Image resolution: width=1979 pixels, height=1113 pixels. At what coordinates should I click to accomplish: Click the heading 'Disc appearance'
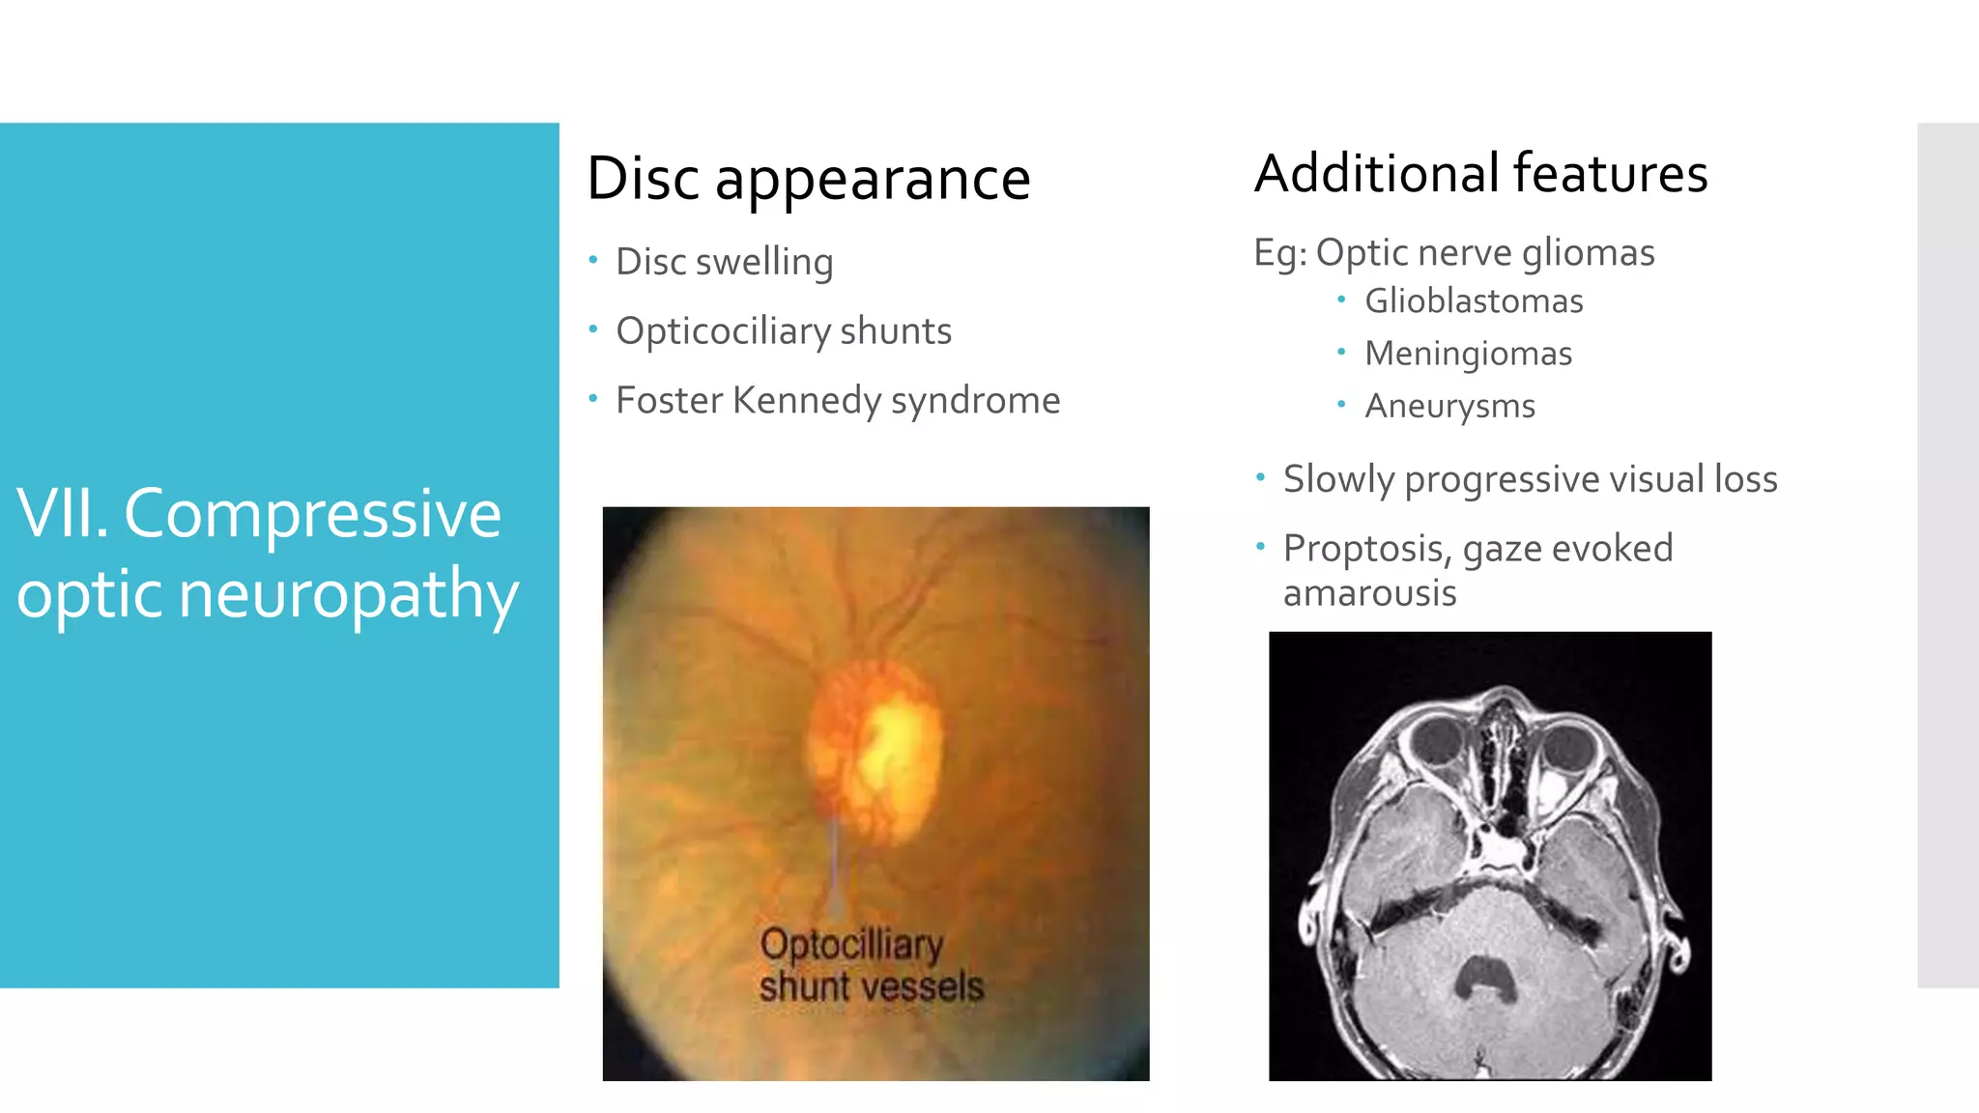[808, 179]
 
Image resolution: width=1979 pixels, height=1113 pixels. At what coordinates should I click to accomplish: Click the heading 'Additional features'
[1480, 174]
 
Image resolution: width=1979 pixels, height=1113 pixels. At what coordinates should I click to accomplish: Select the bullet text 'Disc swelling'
[724, 262]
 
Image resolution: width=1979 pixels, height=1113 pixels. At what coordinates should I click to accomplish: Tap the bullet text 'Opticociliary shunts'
[783, 331]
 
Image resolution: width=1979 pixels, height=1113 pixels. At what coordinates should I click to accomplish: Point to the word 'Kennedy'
[806, 401]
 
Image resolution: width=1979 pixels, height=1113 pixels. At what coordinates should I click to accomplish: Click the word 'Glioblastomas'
[1473, 301]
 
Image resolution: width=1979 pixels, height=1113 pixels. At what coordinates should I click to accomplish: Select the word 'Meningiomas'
[1467, 354]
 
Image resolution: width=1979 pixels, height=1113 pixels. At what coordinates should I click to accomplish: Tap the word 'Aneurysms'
[1448, 406]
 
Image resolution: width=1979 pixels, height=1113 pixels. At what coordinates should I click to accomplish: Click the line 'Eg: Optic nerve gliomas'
[1453, 253]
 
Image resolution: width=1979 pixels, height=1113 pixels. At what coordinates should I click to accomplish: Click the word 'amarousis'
[1369, 593]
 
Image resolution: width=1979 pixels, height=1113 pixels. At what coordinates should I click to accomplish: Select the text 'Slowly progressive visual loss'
[1529, 479]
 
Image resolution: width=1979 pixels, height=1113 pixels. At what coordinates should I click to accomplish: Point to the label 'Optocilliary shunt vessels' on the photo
[870, 965]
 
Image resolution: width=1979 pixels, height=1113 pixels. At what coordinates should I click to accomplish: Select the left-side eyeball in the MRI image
[1440, 742]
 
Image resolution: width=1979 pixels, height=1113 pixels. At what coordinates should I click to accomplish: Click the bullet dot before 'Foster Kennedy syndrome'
[593, 397]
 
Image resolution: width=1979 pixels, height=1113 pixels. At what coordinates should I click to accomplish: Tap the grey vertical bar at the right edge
[1947, 555]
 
